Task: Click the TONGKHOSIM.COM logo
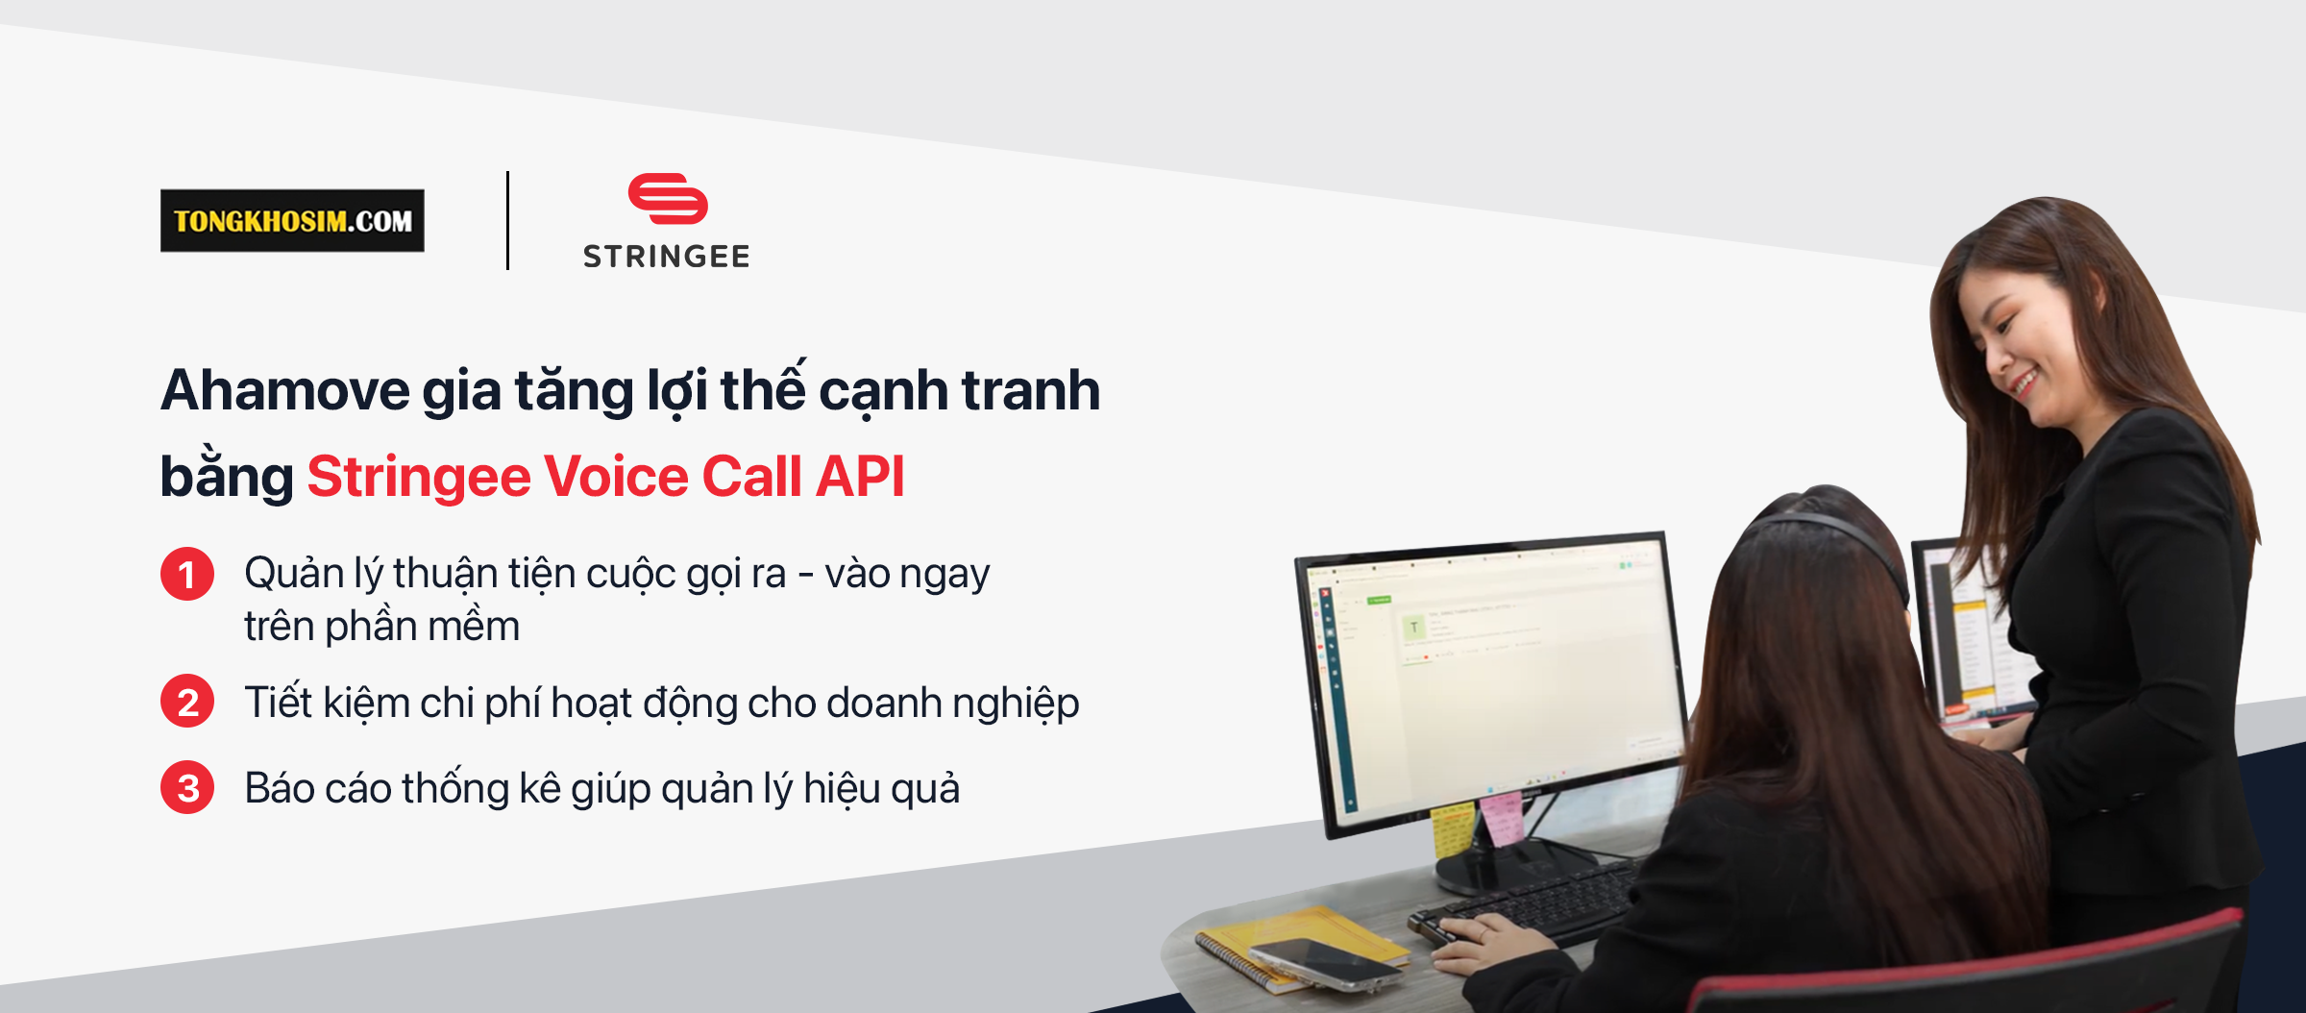tap(292, 220)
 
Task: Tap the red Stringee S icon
tap(668, 198)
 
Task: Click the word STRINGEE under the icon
tap(666, 257)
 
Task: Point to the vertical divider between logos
tap(507, 220)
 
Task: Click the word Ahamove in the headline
tap(285, 390)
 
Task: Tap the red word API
tap(860, 477)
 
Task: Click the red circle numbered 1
tap(187, 574)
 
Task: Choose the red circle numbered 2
tap(187, 701)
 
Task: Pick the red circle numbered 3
tap(187, 787)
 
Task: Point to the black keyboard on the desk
tap(1528, 902)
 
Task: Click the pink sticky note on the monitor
tap(1501, 818)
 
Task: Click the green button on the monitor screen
tap(1380, 600)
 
